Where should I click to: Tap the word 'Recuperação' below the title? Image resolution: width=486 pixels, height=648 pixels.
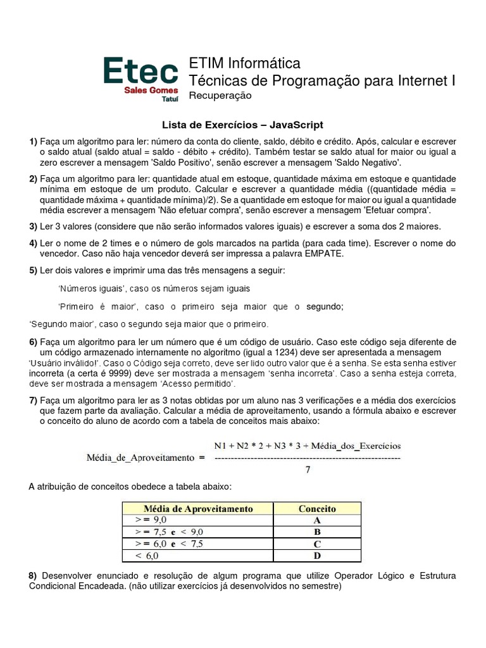(x=220, y=96)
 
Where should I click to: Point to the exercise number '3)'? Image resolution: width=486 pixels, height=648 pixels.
(x=33, y=227)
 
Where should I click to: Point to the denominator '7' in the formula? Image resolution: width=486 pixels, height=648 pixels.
(x=308, y=470)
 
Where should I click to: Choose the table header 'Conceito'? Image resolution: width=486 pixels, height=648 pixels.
(x=316, y=509)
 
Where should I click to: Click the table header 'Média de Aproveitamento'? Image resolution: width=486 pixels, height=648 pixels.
(x=198, y=509)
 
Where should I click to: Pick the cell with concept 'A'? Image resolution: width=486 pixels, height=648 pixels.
(x=317, y=521)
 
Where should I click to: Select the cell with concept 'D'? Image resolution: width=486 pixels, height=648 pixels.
(x=317, y=556)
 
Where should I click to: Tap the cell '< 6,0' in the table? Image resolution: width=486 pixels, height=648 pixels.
(x=147, y=556)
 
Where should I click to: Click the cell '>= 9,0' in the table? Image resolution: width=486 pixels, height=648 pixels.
(x=150, y=521)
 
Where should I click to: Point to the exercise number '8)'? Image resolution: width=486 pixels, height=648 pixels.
(x=34, y=576)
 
